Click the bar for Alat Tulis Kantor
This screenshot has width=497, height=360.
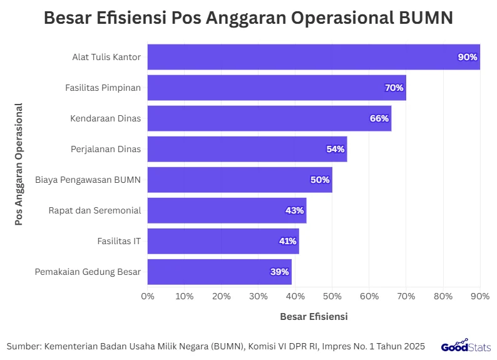[313, 57]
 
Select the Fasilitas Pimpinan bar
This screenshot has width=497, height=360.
[277, 88]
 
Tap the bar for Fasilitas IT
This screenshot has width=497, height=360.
[223, 241]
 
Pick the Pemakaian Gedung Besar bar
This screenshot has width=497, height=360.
[219, 272]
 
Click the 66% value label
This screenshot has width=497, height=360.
[379, 118]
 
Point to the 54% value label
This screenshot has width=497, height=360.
[336, 149]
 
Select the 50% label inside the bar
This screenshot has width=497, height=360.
[320, 180]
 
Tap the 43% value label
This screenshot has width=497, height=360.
[294, 210]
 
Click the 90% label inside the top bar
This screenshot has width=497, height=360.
[468, 57]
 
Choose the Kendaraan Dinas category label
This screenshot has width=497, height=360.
[105, 118]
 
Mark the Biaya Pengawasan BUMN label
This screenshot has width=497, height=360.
[88, 180]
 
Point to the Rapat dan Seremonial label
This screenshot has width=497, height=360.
[95, 210]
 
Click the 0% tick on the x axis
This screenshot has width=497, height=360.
[148, 296]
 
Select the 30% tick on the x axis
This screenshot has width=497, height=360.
[259, 296]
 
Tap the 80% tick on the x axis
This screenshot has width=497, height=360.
[443, 296]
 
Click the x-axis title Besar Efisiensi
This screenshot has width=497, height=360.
[314, 317]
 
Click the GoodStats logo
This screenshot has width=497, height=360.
[466, 346]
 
